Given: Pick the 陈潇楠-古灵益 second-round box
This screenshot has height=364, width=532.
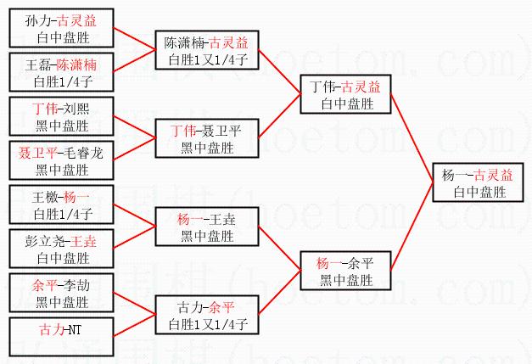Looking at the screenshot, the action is (x=205, y=50).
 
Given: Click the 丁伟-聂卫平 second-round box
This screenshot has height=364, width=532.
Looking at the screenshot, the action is (x=205, y=139).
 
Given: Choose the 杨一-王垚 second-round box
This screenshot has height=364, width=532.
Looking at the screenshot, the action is (x=205, y=227).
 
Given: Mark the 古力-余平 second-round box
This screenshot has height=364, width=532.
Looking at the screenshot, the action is (x=205, y=316).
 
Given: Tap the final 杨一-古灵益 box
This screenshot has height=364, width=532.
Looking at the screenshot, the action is (x=481, y=183).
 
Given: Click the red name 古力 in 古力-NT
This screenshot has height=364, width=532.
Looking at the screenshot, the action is (x=49, y=328).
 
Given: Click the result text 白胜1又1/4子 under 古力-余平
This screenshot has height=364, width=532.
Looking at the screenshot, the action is (x=205, y=323).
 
